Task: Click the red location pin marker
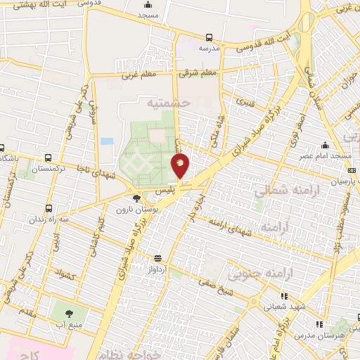coord(180,166)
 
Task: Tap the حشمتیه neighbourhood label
coord(169,103)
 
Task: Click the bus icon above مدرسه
coord(209,37)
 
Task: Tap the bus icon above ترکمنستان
coord(47,158)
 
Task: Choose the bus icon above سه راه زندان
coord(49,208)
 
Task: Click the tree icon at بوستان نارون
coord(136,199)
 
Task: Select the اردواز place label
coord(158,268)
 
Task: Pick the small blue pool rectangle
coord(107,141)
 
